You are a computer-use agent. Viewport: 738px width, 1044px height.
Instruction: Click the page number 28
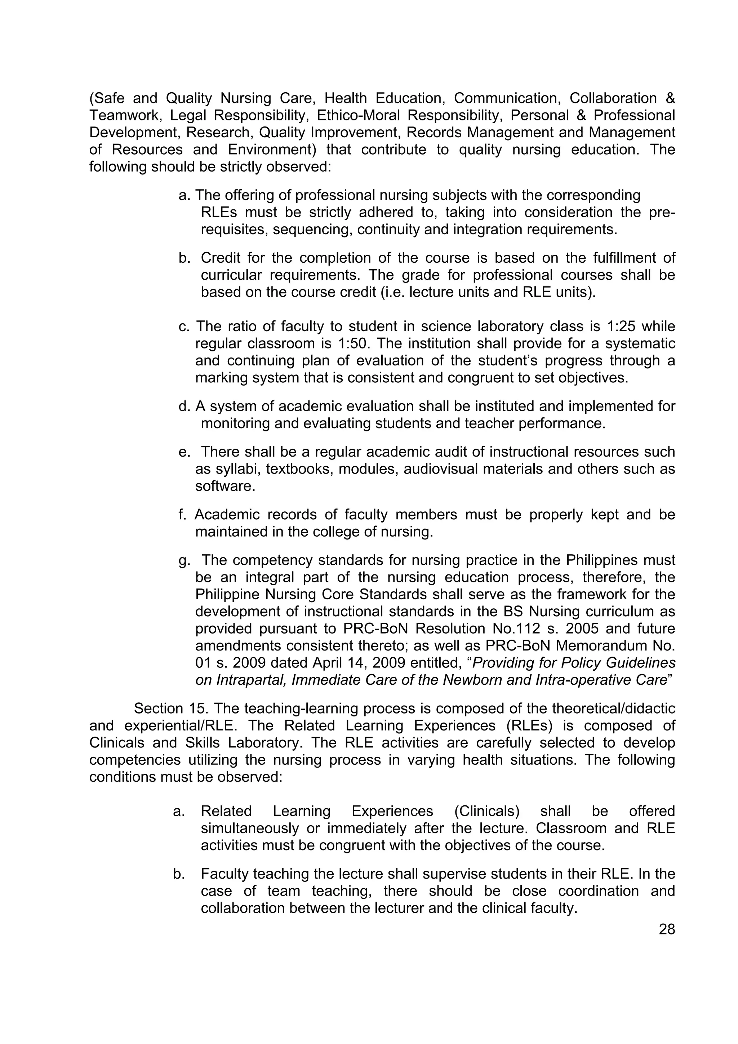pyautogui.click(x=667, y=929)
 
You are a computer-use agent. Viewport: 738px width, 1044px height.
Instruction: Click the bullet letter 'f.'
pyautogui.click(x=182, y=514)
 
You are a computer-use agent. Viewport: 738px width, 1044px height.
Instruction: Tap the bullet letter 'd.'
pyautogui.click(x=184, y=406)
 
